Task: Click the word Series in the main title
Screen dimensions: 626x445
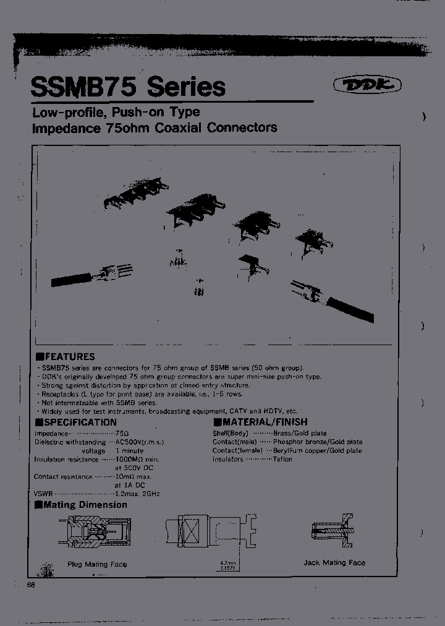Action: [186, 86]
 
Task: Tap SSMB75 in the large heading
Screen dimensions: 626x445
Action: [85, 86]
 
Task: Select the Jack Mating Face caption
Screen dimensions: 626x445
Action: [334, 563]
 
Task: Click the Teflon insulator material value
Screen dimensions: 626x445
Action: [282, 459]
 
